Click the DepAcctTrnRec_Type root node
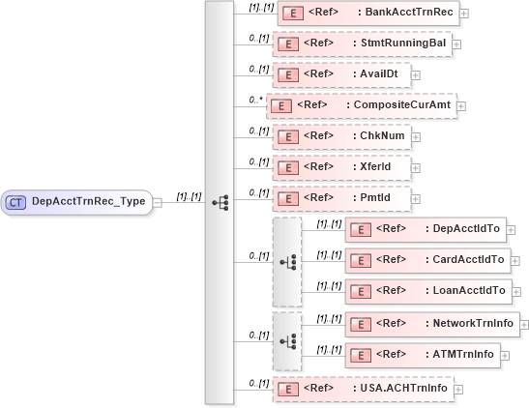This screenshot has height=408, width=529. pyautogui.click(x=77, y=202)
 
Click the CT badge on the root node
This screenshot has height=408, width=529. pyautogui.click(x=16, y=202)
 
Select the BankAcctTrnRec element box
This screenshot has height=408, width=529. pyautogui.click(x=367, y=14)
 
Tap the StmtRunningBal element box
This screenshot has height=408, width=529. pyautogui.click(x=362, y=44)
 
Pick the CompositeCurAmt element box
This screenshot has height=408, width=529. pyautogui.click(x=361, y=105)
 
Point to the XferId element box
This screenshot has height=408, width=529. pyautogui.click(x=340, y=166)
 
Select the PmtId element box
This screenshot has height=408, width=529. pyautogui.click(x=340, y=197)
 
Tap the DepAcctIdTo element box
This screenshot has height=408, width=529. pyautogui.click(x=426, y=229)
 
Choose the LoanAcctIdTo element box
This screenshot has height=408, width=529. pyautogui.click(x=426, y=290)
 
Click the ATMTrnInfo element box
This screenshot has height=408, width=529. pyautogui.click(x=423, y=354)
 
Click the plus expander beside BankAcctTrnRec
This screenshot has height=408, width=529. pyautogui.click(x=465, y=15)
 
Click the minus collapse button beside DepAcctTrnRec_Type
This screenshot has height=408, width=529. pyautogui.click(x=158, y=202)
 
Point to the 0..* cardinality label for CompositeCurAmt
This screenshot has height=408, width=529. pyautogui.click(x=256, y=100)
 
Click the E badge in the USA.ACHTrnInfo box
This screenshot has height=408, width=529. pyautogui.click(x=286, y=389)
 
